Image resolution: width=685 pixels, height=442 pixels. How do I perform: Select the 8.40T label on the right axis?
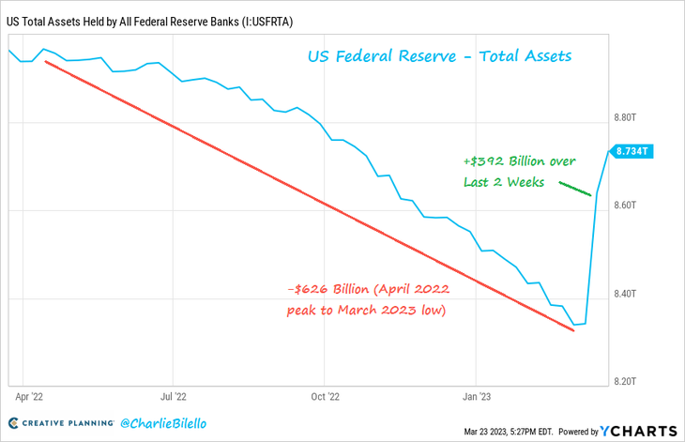(x=627, y=294)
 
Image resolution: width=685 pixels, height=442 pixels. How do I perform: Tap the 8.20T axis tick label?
(x=627, y=382)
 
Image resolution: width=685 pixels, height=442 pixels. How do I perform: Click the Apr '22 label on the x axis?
(x=31, y=397)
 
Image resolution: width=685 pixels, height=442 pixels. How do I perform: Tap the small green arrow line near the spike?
(x=574, y=189)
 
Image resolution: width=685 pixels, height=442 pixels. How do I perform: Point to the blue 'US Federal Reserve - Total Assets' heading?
(x=439, y=57)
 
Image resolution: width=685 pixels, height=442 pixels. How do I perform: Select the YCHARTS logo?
(x=642, y=430)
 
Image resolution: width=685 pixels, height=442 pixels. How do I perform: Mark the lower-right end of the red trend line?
(x=573, y=330)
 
